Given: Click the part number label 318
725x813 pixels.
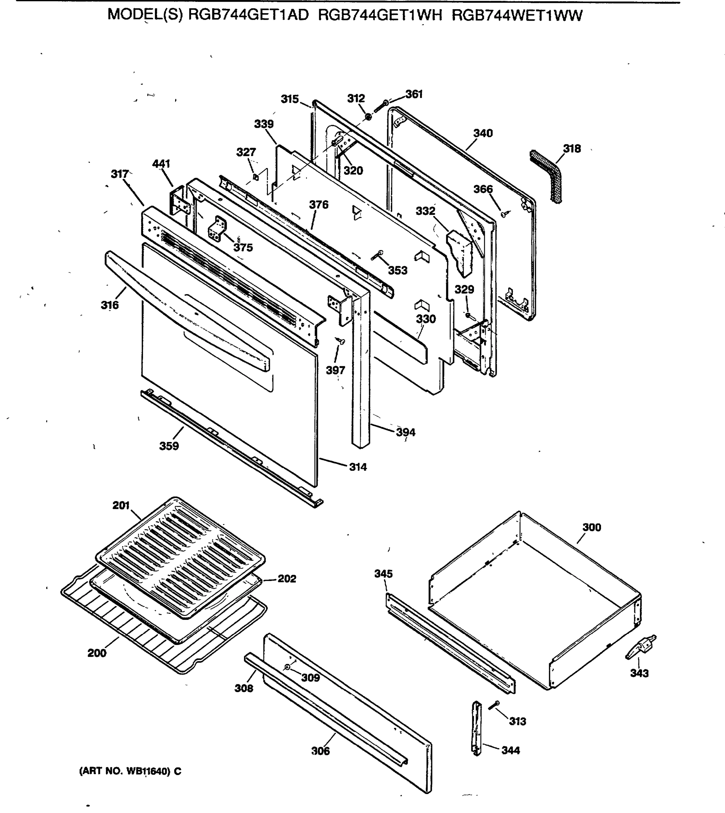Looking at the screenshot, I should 572,149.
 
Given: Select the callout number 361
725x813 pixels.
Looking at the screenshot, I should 414,95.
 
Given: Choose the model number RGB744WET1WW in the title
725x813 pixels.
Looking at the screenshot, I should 517,16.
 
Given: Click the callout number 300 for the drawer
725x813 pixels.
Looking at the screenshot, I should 592,527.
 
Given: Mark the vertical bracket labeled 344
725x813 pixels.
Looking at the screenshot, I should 477,729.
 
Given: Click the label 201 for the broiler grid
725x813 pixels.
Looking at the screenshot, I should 121,505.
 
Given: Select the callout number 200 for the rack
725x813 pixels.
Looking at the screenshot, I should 97,653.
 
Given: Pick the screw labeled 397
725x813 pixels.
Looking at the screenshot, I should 340,341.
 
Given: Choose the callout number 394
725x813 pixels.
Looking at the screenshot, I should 406,432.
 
